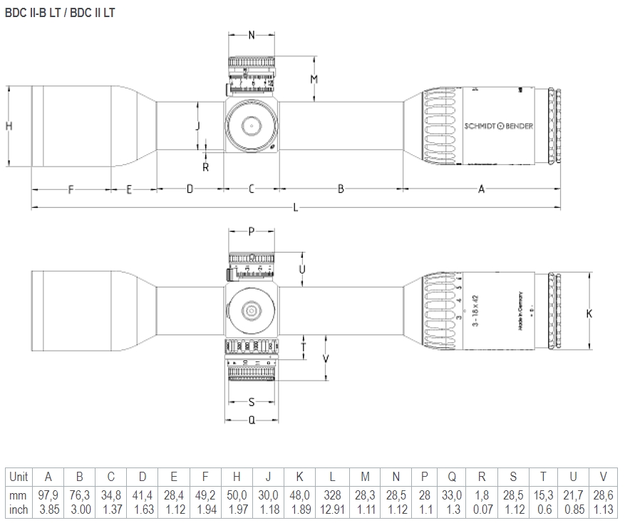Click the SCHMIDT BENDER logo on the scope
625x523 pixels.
[498, 126]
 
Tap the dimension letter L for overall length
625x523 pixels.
[296, 207]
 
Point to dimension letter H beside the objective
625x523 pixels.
[9, 126]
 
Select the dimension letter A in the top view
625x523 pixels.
[481, 189]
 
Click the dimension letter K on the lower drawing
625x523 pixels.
[589, 313]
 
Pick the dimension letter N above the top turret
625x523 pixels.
[252, 35]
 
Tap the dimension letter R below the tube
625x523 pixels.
[205, 167]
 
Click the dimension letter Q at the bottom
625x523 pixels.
[252, 420]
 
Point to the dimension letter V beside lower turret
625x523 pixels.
[326, 359]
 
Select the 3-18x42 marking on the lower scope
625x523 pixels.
[475, 312]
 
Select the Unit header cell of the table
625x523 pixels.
[19, 477]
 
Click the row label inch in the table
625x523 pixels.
[19, 509]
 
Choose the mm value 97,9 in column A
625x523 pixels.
[48, 495]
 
